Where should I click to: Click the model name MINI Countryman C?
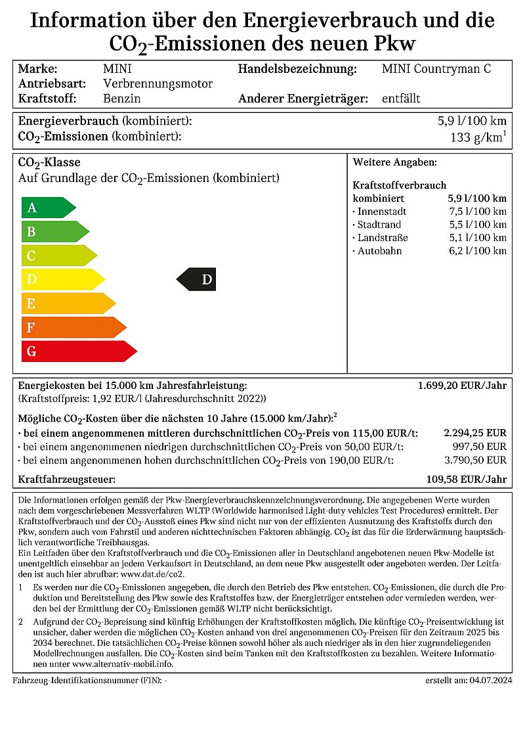(x=436, y=69)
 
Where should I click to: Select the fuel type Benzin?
(x=122, y=99)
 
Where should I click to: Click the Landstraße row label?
(x=382, y=238)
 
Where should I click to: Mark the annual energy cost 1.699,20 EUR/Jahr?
(x=462, y=386)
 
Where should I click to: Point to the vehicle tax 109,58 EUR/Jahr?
(x=466, y=480)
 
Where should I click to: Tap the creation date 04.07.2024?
(x=488, y=681)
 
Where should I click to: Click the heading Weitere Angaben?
(x=394, y=162)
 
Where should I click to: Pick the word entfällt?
(x=401, y=99)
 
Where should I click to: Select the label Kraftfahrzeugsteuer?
(x=67, y=480)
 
